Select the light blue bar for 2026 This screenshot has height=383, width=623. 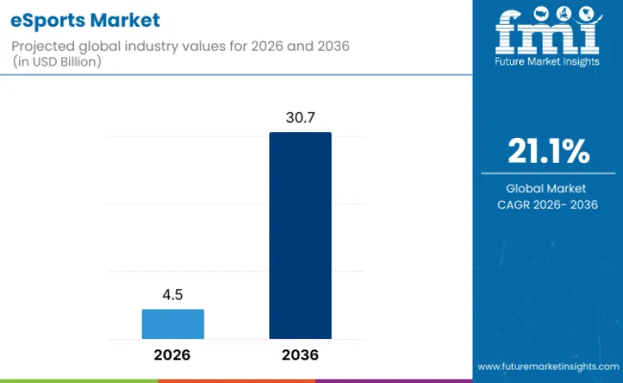coord(173,324)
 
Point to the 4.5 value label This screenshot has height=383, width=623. coord(173,295)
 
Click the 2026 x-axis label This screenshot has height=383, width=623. coord(172,355)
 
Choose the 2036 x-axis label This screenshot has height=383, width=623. coord(300,355)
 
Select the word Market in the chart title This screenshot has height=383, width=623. coord(125,19)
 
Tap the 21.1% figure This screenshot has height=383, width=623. coord(547,152)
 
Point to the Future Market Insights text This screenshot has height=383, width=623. coord(547,61)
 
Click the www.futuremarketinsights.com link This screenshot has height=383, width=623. coord(547,366)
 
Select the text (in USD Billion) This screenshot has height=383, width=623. coord(58,62)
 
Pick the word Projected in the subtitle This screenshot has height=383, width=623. coord(42,47)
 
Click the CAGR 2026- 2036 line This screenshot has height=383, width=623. coord(547,204)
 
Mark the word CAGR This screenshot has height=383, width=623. coord(517,204)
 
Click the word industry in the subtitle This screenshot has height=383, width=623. coord(153,47)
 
